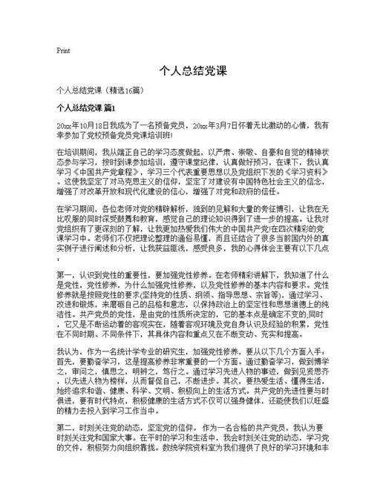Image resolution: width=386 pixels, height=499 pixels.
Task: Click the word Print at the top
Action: click(x=63, y=50)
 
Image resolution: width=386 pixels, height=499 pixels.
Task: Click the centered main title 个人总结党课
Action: click(x=192, y=73)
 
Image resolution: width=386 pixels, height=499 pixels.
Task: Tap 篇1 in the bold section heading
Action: click(x=119, y=108)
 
